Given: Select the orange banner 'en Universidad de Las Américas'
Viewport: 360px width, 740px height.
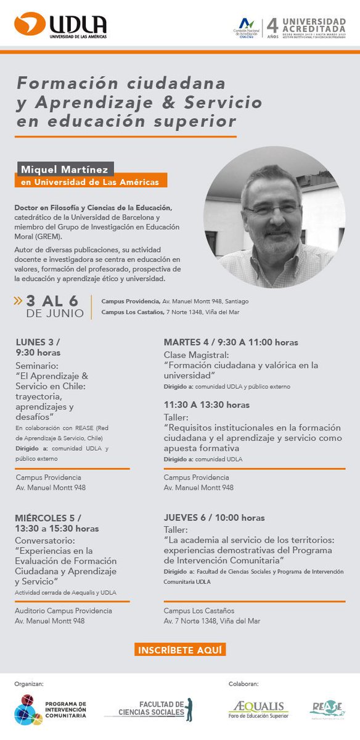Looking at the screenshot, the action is pyautogui.click(x=90, y=182).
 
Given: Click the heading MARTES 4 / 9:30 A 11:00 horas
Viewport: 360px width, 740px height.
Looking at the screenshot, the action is pyautogui.click(x=231, y=342).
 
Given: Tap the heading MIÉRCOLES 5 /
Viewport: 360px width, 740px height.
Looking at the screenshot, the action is pyautogui.click(x=48, y=517).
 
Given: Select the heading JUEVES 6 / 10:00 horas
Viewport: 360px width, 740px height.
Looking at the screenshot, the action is pyautogui.click(x=214, y=517).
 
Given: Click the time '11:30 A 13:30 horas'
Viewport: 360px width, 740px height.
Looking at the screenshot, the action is pyautogui.click(x=207, y=405).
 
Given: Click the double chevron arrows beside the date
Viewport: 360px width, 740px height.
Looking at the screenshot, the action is pyautogui.click(x=18, y=301).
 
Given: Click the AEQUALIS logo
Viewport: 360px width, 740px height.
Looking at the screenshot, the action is pyautogui.click(x=258, y=709).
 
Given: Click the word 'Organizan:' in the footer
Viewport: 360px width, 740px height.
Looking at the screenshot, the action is pyautogui.click(x=28, y=684).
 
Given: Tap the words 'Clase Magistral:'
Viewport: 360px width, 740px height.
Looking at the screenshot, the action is pyautogui.click(x=187, y=355).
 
